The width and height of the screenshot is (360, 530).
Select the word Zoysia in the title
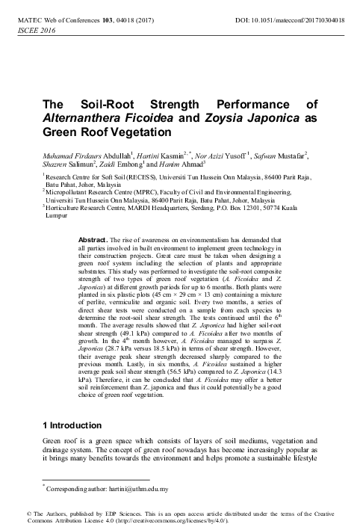[x=205, y=118]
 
